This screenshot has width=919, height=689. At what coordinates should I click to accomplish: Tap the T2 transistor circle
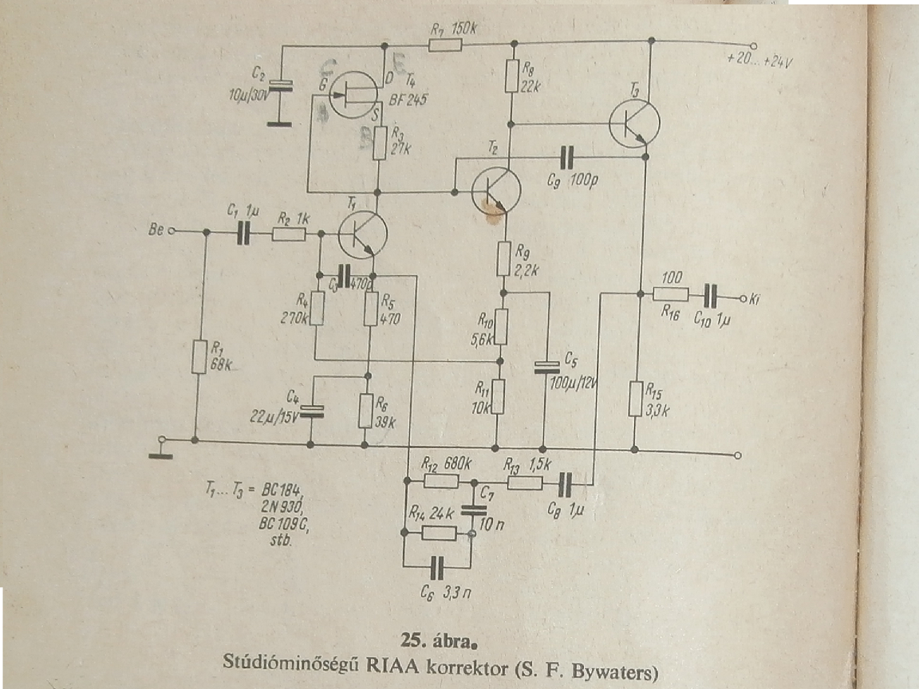tap(495, 191)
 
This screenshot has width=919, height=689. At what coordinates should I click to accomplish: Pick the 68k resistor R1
tap(196, 356)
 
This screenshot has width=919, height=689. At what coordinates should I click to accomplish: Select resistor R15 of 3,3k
tap(635, 399)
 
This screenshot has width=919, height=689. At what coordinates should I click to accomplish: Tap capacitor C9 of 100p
tap(567, 157)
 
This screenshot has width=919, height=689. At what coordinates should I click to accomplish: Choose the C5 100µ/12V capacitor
tap(544, 366)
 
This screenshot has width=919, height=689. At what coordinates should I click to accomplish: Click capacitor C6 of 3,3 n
tap(436, 568)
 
